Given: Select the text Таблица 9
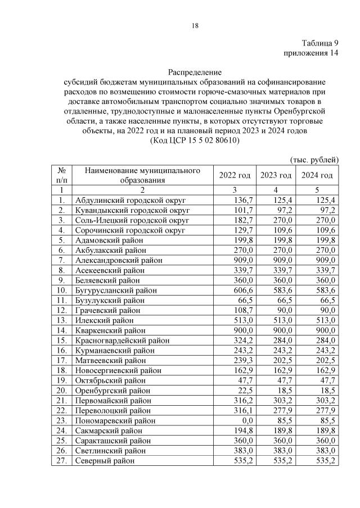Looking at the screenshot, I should (319, 43).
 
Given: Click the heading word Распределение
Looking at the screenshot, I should (195, 72).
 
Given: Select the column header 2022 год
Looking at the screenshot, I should (235, 175).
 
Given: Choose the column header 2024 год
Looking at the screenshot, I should (317, 175).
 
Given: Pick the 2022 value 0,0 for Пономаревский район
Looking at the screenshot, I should (244, 420).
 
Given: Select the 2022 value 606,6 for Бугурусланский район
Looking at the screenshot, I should (240, 289).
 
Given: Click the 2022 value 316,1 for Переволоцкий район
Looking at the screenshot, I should (240, 410).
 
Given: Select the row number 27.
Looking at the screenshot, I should (61, 461).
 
